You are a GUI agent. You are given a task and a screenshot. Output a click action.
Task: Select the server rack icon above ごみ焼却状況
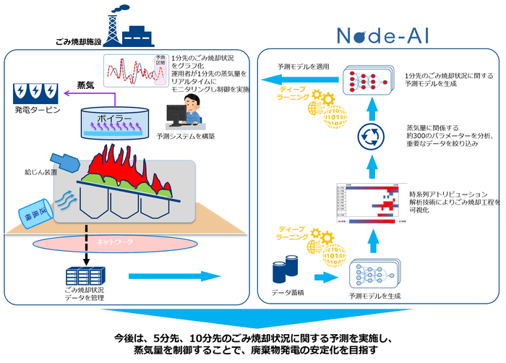coord(82,276)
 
